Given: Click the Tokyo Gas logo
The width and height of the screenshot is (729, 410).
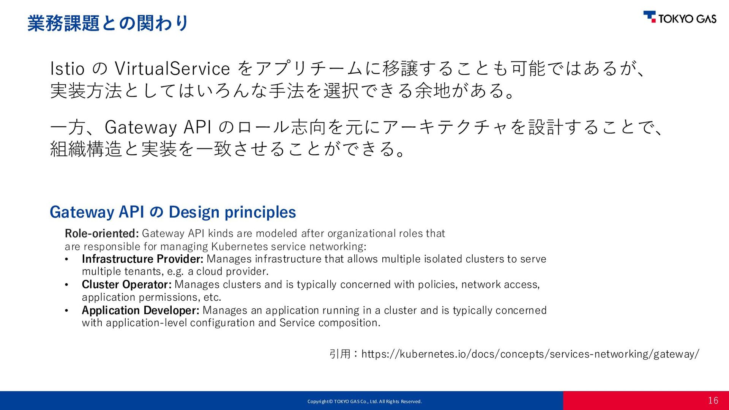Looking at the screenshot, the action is [x=680, y=17].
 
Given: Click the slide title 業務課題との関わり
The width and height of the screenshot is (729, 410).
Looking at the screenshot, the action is [x=108, y=23].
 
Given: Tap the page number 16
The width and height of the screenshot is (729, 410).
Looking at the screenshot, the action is [x=713, y=401].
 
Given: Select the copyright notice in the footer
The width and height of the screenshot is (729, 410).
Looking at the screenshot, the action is [x=364, y=401].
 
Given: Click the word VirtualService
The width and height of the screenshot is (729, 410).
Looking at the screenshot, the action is [x=172, y=69].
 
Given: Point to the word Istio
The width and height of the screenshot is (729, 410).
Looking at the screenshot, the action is [x=67, y=69].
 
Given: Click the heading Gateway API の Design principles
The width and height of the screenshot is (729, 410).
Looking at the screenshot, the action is [x=173, y=212].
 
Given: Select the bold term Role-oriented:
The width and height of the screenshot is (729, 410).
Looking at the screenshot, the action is [x=102, y=233].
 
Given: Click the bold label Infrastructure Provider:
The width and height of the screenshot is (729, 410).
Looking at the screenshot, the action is [x=143, y=259].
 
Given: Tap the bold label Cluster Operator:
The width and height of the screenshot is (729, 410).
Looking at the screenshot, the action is [x=127, y=284].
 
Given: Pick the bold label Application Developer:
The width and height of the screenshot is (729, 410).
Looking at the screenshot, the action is [x=140, y=310].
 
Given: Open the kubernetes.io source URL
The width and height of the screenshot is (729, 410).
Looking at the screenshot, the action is [x=530, y=354].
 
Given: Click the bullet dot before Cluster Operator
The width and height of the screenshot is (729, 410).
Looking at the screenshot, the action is [x=66, y=285].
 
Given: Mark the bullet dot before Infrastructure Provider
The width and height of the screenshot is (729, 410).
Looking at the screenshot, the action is [x=66, y=259].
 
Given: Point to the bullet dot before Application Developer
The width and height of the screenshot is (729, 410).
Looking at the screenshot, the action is [x=66, y=311].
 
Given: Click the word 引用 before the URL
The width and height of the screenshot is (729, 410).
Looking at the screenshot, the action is [x=340, y=354].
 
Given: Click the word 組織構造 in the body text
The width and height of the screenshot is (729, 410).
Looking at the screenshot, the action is [x=87, y=149].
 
